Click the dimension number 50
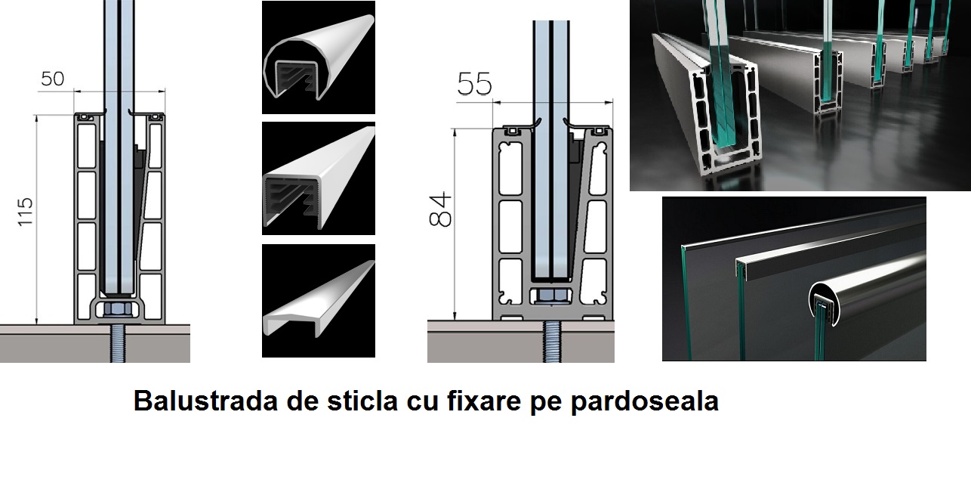pos(52,79)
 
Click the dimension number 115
pos(25,212)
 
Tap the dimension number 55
pos(475,84)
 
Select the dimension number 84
pos(440,209)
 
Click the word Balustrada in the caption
pos(205,401)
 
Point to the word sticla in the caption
pos(362,401)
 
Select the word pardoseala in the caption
pos(644,401)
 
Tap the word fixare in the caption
pos(484,401)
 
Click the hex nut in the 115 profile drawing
pos(118,309)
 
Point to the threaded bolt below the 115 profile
pos(118,343)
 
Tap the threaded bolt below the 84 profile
pos(551,342)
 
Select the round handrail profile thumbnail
pos(319,57)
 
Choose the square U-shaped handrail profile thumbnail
pos(319,178)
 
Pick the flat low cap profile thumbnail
pos(319,301)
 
